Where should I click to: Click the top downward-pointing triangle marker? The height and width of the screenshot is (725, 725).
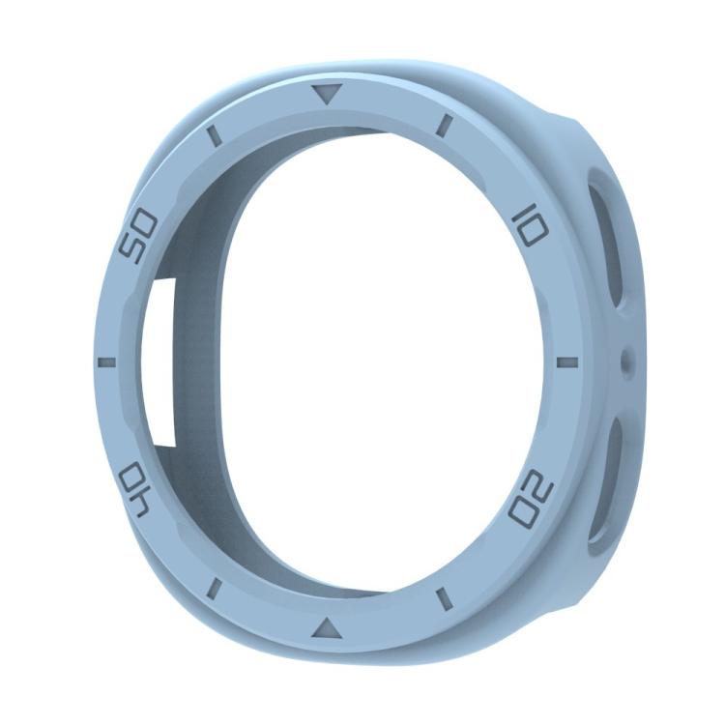(329, 95)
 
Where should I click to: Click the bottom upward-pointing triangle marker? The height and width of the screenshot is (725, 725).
(327, 628)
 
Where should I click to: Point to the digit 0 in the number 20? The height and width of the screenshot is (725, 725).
(525, 509)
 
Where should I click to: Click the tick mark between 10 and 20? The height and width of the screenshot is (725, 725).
(567, 362)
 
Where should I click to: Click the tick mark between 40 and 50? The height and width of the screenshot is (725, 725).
(106, 362)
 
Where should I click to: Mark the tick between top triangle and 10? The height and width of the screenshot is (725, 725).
(446, 125)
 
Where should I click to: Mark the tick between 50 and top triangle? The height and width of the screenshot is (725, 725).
(215, 132)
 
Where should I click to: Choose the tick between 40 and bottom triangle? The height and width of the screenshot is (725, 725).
(215, 587)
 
